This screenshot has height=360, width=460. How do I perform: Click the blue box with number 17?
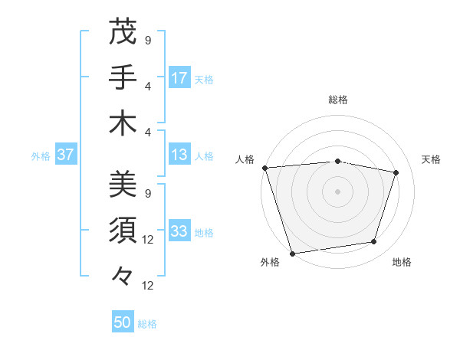pos(179,77)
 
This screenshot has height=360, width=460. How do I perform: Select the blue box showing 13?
pos(179,155)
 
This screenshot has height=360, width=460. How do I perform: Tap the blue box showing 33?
pos(179,231)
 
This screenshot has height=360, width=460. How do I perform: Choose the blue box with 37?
pos(66,155)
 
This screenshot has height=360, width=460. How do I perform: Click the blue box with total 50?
pos(123,322)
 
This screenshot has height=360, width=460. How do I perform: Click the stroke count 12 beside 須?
pos(149,240)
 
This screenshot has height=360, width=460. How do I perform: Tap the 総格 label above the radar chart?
pos(338,100)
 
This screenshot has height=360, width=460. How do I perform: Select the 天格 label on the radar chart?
pos(431,159)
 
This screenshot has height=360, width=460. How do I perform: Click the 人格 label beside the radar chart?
pos(245,159)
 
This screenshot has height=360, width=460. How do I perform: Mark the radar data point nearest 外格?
pos(292,253)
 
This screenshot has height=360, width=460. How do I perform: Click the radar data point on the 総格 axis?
pos(338,161)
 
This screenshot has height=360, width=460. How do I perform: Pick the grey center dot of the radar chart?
pos(338,191)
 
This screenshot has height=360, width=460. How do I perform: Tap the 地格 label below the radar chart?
pos(402,262)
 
